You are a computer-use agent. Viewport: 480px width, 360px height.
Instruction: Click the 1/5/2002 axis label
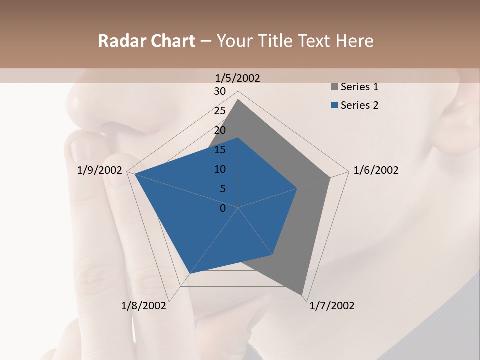237,78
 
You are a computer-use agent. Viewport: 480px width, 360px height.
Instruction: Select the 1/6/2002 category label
376,170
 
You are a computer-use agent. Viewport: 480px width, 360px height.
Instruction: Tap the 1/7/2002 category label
332,306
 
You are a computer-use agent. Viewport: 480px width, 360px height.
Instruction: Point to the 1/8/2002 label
144,306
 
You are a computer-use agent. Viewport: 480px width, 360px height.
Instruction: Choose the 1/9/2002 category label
100,170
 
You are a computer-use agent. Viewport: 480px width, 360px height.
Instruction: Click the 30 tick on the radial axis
220,91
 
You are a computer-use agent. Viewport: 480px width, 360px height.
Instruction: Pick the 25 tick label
220,111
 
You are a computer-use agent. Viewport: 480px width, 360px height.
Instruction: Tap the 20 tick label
220,130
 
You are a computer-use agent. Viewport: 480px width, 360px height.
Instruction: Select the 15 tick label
220,150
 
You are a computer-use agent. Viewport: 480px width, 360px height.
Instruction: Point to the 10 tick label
220,169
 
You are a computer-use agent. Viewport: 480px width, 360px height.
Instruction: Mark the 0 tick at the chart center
223,208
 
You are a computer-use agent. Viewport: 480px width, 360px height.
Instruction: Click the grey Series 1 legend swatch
334,87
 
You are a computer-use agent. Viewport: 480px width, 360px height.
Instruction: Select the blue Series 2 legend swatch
334,105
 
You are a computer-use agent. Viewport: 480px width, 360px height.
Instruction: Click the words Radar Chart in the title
146,41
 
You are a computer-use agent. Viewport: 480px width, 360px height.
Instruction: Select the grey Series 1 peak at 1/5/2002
238,100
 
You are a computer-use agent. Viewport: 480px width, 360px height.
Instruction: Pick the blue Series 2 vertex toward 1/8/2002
190,273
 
